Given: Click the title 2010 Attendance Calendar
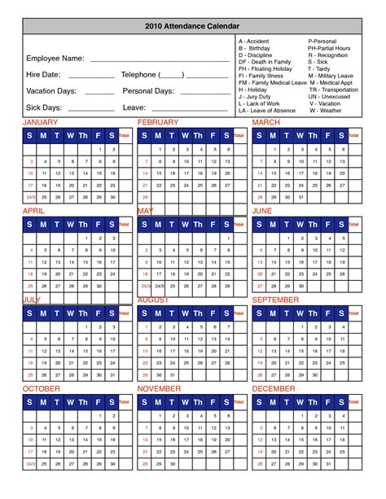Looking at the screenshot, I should pos(193,26).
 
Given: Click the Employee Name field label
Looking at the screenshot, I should pos(55,59).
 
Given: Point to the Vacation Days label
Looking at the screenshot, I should pos(52,90).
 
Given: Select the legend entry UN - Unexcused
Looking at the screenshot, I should pos(329,97).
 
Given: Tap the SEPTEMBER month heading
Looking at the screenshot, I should pos(277,300).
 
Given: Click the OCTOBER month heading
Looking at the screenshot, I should pos(42,389).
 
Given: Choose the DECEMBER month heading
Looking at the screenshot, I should pos(275,389).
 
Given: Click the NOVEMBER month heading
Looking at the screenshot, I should pos(160,389).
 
